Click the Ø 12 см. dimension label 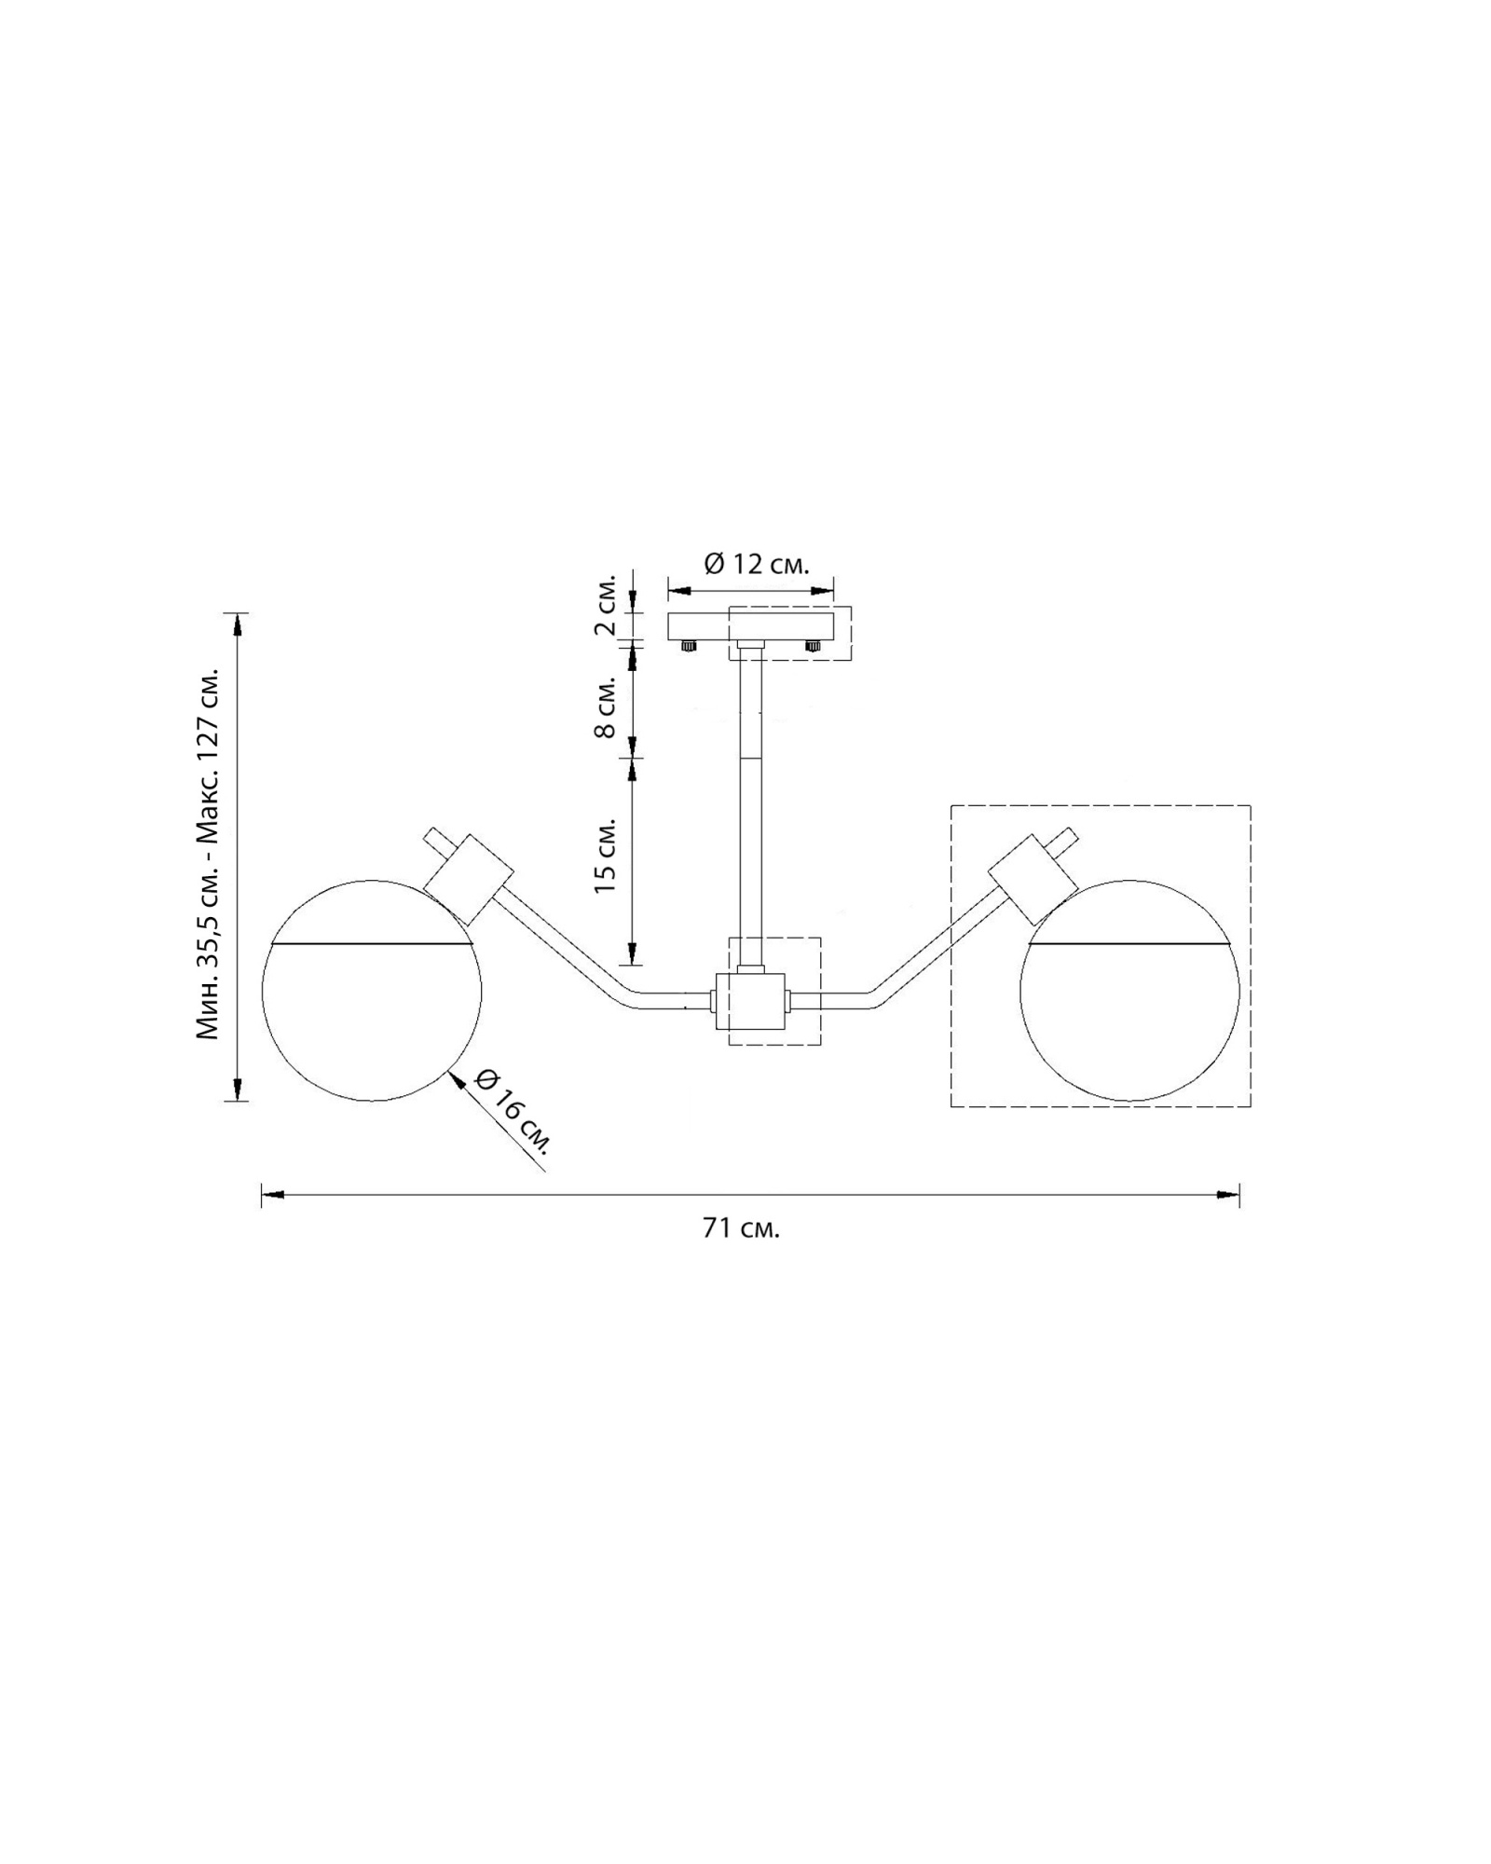756,564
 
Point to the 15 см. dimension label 605,857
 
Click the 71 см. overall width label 741,1228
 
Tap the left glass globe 372,991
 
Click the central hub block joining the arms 750,999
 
